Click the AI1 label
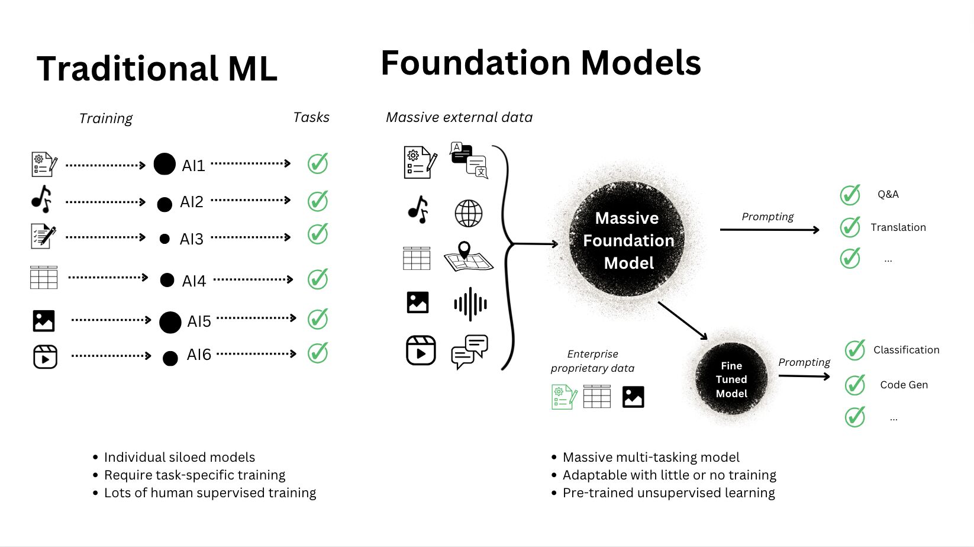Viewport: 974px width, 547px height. point(193,166)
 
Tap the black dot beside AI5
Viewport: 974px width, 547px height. point(170,322)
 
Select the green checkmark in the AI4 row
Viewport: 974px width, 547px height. point(318,279)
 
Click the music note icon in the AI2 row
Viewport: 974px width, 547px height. point(41,199)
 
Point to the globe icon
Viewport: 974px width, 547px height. point(468,213)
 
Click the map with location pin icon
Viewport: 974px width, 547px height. point(467,257)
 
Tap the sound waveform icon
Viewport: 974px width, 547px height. point(470,304)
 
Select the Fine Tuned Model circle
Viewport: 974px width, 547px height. point(731,379)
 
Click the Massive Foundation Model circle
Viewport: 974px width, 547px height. point(627,240)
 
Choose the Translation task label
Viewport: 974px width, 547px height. point(898,227)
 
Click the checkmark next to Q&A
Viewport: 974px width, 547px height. point(850,194)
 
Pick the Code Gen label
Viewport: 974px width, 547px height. point(904,385)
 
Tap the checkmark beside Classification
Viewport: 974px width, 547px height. point(855,350)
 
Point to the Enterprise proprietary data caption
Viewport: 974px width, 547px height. point(592,361)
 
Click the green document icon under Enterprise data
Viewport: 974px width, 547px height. point(564,397)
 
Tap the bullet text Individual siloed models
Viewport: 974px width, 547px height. point(179,457)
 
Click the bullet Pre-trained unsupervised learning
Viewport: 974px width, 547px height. point(669,493)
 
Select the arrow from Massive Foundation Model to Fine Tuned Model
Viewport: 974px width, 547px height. point(683,320)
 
